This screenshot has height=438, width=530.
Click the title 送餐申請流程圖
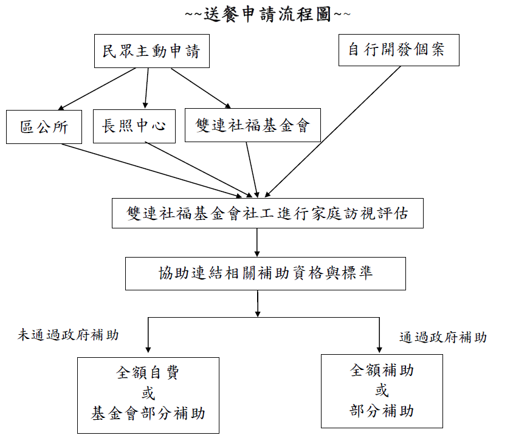[267, 14]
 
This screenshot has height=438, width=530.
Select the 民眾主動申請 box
[151, 51]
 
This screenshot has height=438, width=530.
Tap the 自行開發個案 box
[398, 49]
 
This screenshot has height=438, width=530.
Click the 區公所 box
[44, 127]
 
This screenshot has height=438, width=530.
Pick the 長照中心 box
[134, 126]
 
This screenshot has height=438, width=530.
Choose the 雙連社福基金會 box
[253, 125]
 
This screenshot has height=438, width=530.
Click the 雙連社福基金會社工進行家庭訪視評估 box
[267, 213]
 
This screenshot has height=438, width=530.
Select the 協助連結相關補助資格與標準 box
[265, 273]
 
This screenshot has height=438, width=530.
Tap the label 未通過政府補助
[68, 335]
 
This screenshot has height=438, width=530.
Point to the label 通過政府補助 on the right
[443, 337]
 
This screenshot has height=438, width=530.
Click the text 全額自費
[148, 372]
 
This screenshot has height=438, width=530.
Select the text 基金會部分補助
[148, 414]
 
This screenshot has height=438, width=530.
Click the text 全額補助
[382, 369]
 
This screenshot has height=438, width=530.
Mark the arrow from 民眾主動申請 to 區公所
[97, 89]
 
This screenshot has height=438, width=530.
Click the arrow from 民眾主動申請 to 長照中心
[146, 88]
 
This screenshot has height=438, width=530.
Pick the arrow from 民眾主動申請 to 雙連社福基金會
[201, 89]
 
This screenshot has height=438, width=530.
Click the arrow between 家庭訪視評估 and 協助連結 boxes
[258, 242]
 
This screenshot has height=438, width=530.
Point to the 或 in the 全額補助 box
[382, 390]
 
